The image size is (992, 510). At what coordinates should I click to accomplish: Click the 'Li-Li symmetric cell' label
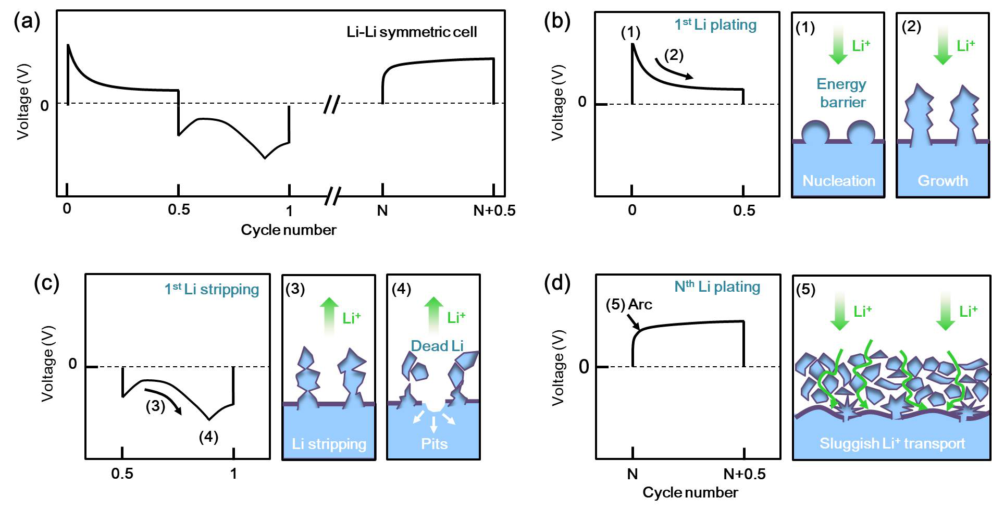[412, 32]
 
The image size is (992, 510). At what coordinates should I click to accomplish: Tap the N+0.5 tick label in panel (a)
[494, 210]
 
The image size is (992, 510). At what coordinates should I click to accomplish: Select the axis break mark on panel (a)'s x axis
[332, 196]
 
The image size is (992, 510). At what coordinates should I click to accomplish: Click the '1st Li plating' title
[715, 24]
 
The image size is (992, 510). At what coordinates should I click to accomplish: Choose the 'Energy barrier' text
[841, 93]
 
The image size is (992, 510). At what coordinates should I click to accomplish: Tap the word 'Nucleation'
[838, 181]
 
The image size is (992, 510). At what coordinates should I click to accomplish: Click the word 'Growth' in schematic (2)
[943, 181]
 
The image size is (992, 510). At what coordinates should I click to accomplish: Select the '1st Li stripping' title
[212, 289]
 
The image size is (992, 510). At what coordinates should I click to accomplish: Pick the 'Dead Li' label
[437, 346]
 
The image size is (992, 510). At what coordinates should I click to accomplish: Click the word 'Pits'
[434, 444]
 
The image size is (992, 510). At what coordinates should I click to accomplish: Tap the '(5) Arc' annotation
[629, 304]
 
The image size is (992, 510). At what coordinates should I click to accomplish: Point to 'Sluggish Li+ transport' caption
[892, 443]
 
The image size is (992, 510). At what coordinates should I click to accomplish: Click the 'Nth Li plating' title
[717, 287]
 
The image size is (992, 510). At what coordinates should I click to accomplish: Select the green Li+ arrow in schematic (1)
[838, 45]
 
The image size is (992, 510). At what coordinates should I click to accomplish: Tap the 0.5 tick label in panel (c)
[122, 474]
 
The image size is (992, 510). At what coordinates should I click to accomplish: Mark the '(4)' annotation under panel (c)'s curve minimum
[208, 437]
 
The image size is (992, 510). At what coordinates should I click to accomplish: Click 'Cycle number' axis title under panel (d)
[690, 492]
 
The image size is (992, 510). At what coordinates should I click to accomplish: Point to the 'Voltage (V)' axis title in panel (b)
[557, 103]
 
